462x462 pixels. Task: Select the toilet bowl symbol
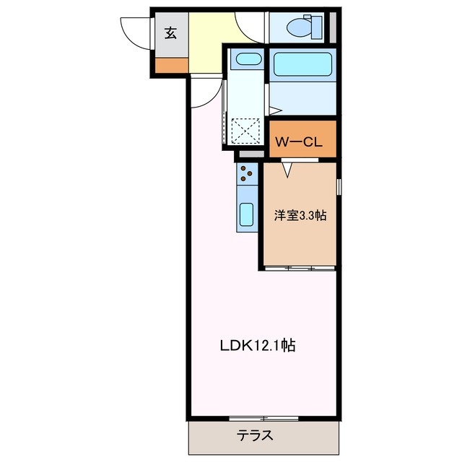tap(300, 27)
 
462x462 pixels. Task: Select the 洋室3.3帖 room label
tap(300, 215)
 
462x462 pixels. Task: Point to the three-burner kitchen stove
tap(247, 174)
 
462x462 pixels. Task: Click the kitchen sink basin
tap(247, 215)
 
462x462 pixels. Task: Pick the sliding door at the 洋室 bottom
tap(300, 268)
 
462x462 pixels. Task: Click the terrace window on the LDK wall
tap(263, 418)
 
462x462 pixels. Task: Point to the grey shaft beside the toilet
tap(333, 26)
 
